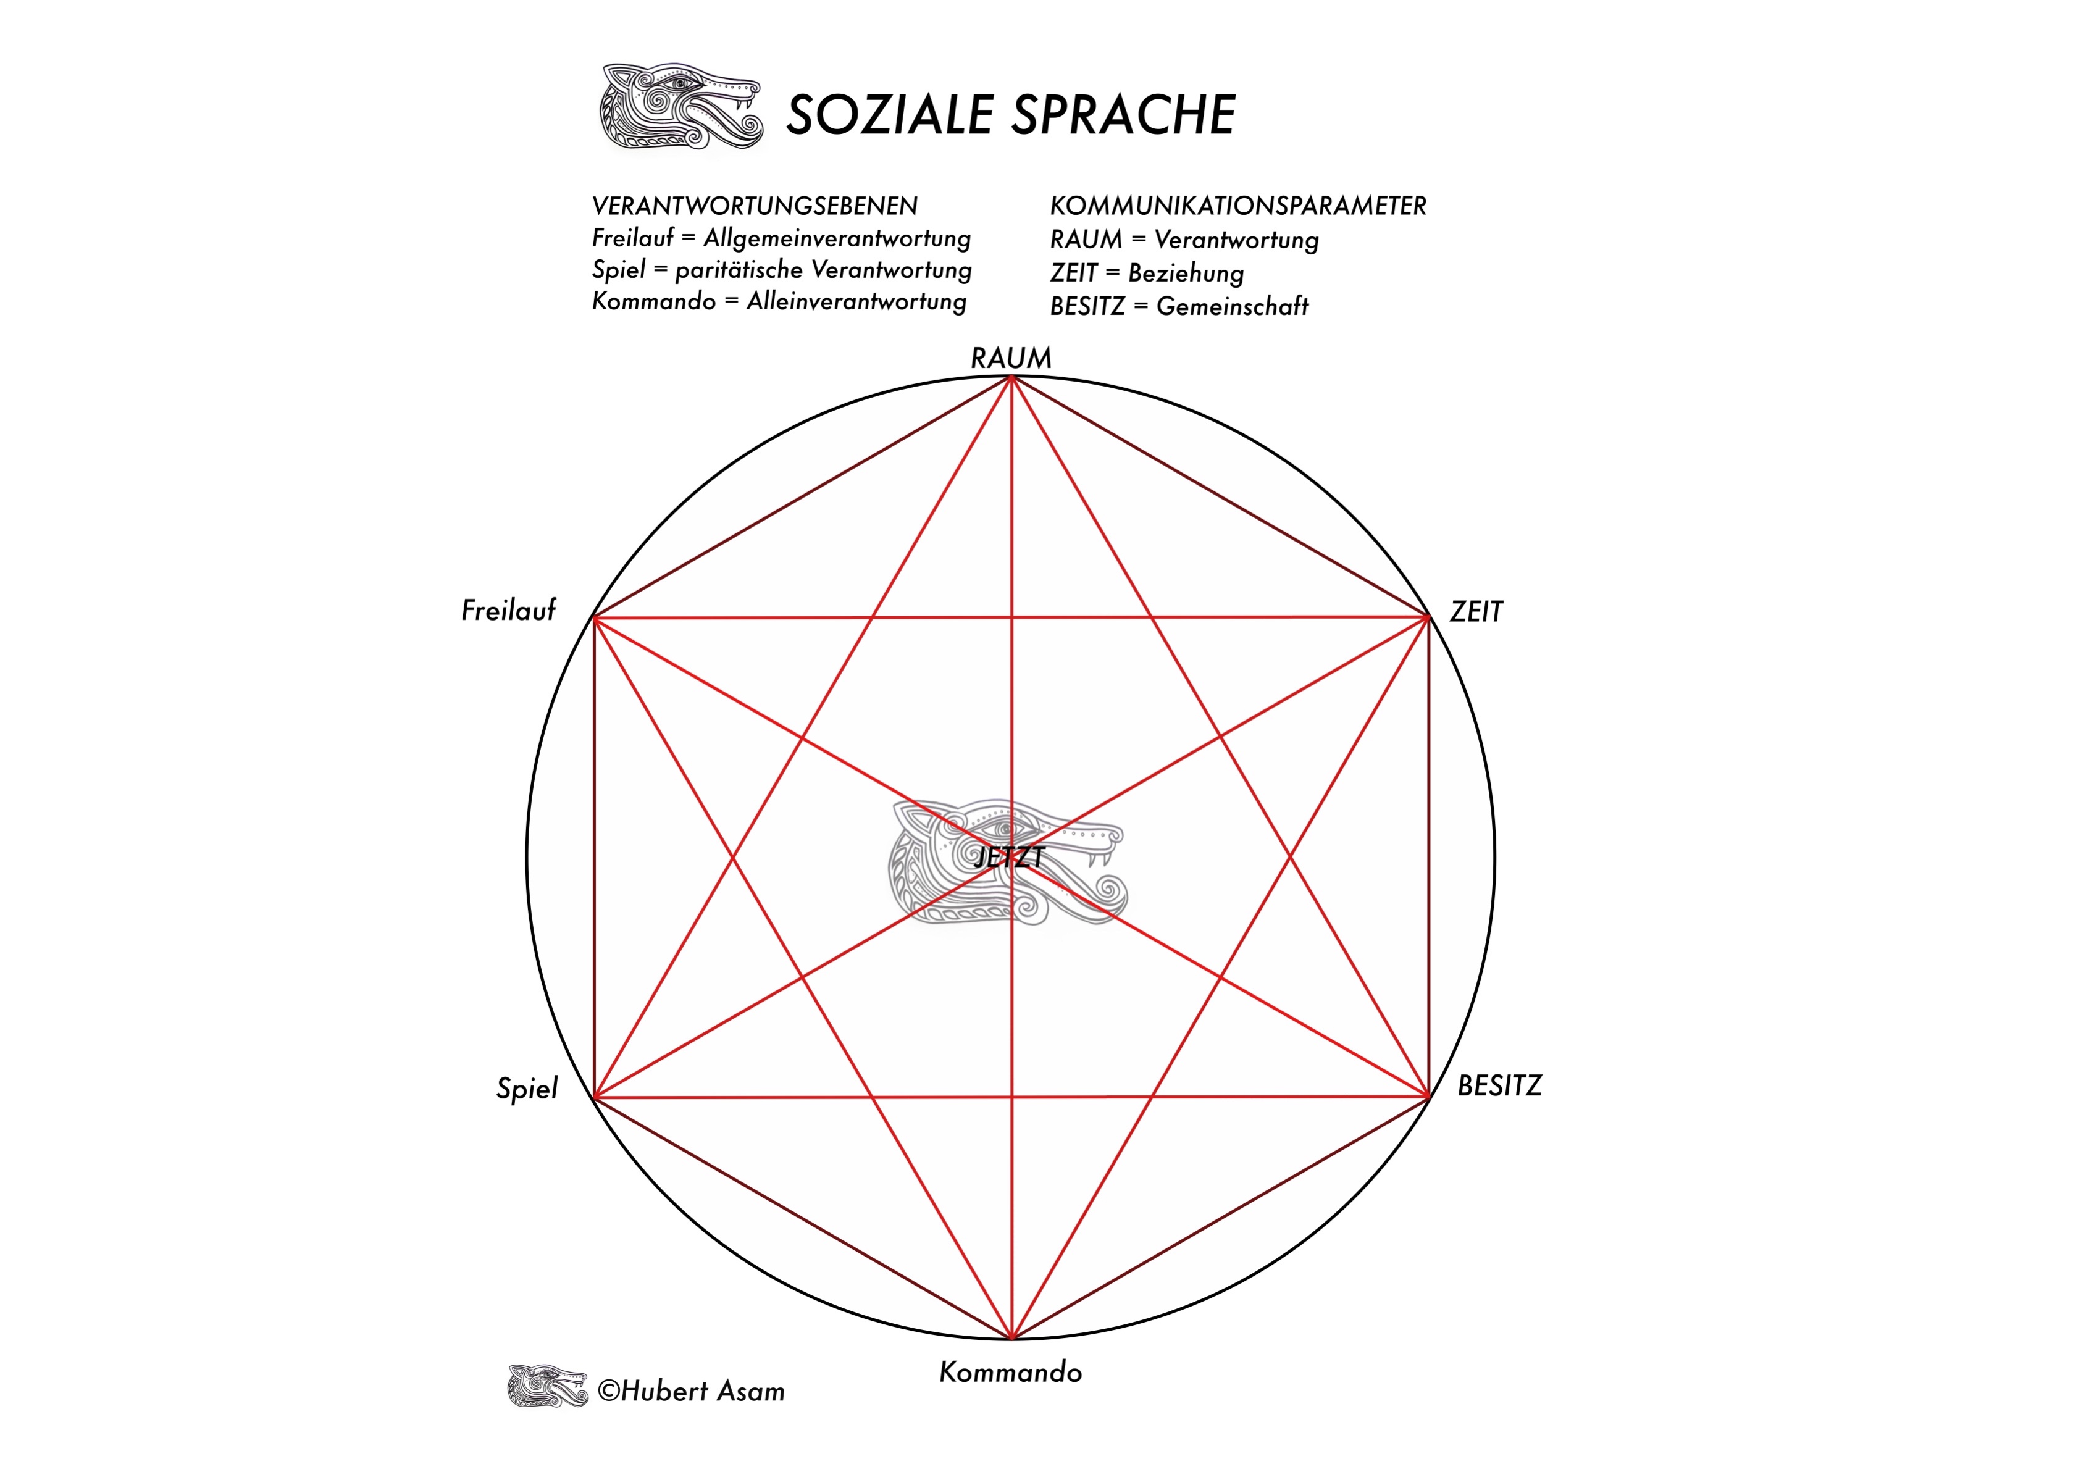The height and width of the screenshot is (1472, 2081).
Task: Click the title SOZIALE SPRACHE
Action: [1011, 115]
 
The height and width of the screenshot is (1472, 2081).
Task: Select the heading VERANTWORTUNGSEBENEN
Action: [754, 206]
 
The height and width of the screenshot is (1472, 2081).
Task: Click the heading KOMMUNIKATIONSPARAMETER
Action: [1238, 206]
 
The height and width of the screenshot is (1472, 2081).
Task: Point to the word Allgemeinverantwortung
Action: [837, 238]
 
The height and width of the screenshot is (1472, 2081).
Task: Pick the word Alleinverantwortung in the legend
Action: [856, 302]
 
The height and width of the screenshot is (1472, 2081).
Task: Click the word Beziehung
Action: [1186, 273]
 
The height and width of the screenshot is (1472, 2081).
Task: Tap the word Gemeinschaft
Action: [1233, 306]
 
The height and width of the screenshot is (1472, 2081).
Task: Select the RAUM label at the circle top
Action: [1011, 358]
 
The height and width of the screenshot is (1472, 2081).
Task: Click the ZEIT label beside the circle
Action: [1476, 612]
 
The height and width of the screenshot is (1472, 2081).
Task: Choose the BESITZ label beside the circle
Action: [1499, 1086]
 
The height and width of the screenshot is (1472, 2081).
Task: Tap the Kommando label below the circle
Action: [1011, 1373]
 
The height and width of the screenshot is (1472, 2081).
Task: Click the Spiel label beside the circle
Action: [527, 1089]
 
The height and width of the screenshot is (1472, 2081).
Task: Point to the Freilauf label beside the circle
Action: [508, 610]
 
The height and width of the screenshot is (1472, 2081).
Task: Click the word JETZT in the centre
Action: [1009, 856]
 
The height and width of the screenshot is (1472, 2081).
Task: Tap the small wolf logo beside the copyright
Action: [548, 1386]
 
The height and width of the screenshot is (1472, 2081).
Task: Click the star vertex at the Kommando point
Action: [1011, 1339]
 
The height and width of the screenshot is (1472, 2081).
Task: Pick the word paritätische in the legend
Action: [739, 270]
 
